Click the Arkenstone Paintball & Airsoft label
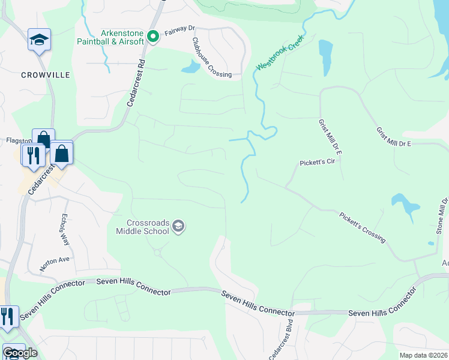[110, 37]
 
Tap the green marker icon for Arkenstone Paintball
[152, 37]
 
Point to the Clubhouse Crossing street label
[211, 58]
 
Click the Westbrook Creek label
[279, 53]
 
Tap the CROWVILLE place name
[46, 75]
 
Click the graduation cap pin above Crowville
[40, 40]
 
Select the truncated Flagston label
[18, 140]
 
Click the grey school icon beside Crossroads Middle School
[178, 226]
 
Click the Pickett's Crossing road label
[361, 227]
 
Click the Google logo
[20, 353]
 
